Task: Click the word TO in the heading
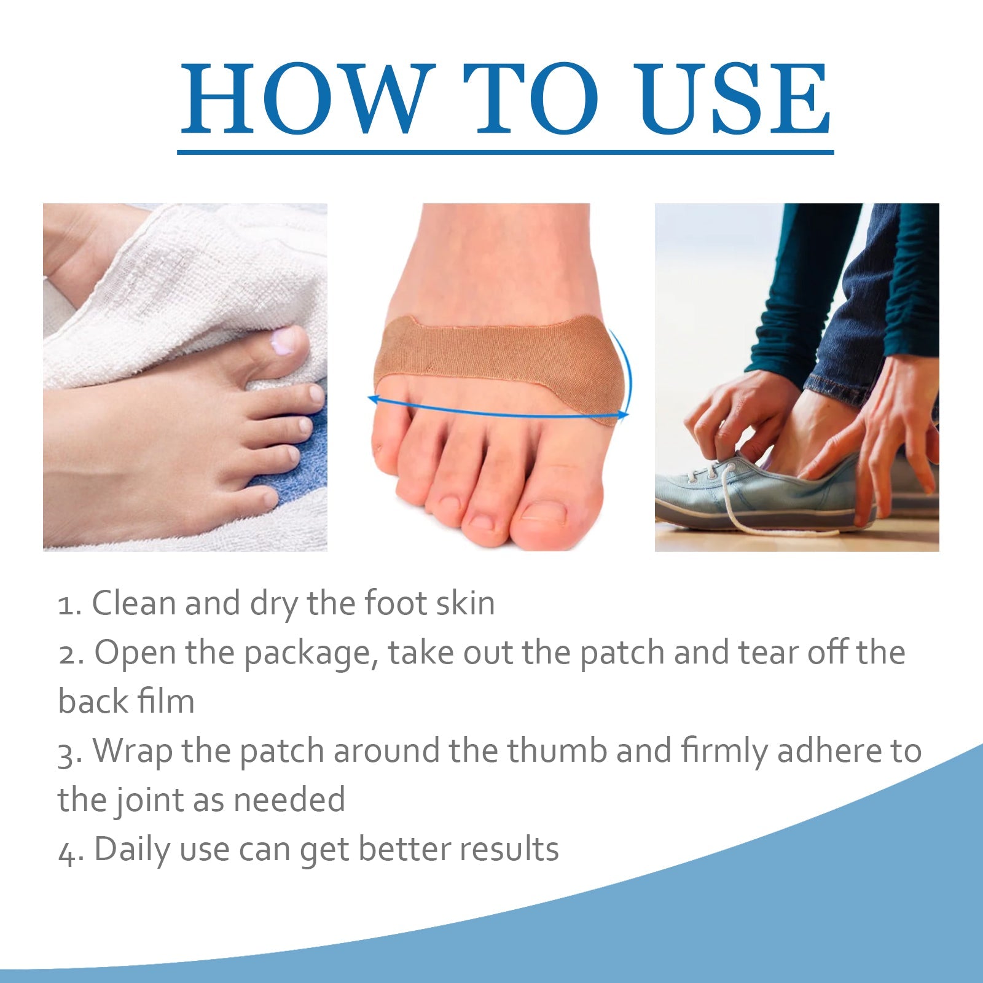point(531,98)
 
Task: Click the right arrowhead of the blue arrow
point(623,415)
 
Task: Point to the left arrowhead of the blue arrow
point(374,399)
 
